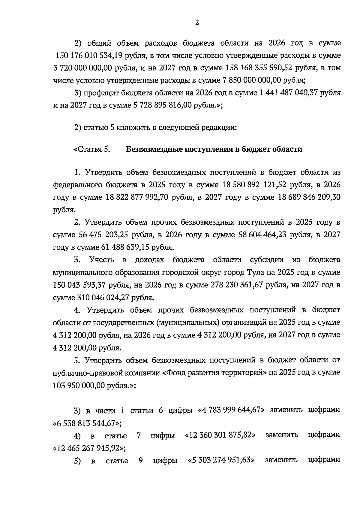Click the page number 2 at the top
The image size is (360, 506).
(x=197, y=23)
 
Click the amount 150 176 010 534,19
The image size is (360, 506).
(x=86, y=56)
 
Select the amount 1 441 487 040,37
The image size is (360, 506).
(x=288, y=93)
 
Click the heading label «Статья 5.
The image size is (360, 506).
(x=91, y=149)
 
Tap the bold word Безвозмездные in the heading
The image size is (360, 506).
(x=153, y=149)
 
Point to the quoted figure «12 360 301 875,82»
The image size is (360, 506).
(x=220, y=435)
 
